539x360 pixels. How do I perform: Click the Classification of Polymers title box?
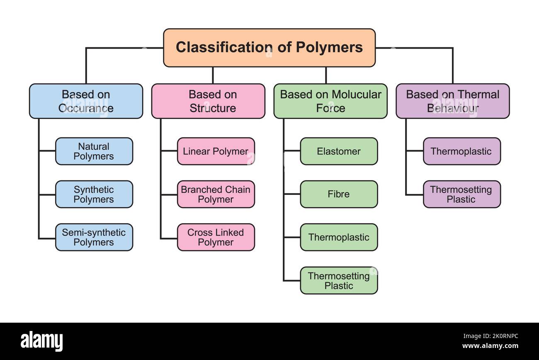269,48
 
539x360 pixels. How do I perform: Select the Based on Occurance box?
86,101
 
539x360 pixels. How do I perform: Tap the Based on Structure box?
208,101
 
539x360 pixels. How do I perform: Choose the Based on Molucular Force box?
330,101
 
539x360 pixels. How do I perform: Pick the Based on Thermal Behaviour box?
452,101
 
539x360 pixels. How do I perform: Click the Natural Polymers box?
94,151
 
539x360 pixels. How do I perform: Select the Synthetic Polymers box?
94,194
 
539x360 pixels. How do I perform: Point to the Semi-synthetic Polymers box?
94,237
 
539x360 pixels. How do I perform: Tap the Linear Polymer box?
216,151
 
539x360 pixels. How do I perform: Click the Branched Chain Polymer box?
216,194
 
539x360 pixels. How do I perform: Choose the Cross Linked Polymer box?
216,237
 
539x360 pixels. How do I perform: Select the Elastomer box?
339,151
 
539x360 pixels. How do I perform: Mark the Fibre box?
339,194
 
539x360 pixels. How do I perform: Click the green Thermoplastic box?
339,237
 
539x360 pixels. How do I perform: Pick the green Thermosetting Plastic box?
339,280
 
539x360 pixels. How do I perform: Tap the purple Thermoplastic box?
461,151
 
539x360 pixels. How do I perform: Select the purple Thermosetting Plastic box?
461,194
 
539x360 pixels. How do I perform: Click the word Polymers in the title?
329,47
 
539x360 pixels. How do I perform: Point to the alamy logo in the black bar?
41,341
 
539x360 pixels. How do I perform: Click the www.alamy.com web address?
490,346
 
